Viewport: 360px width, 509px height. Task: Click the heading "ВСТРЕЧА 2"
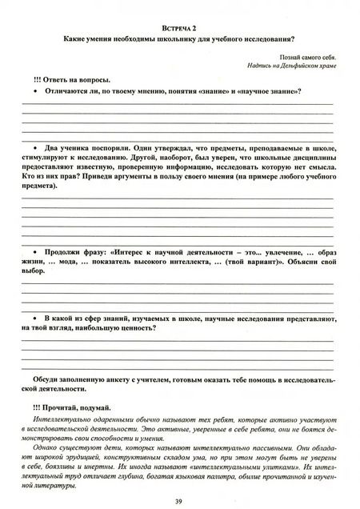180,27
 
